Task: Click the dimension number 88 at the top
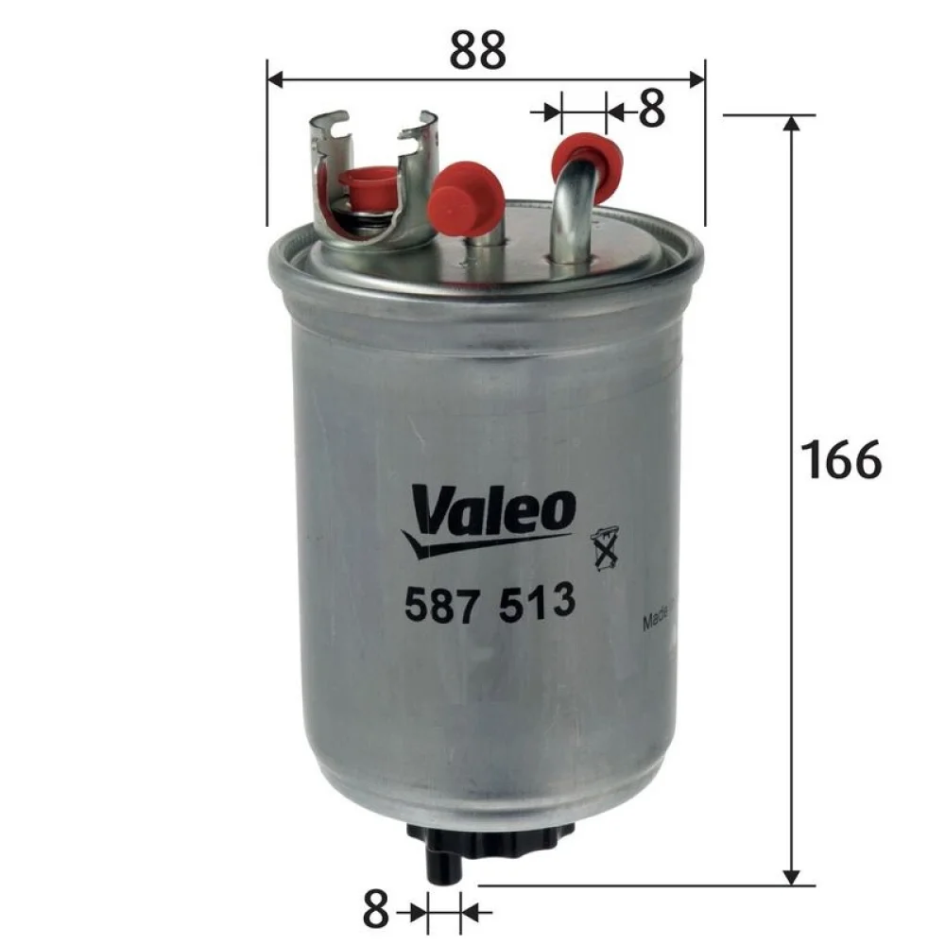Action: tap(476, 51)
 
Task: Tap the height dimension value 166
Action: tap(840, 459)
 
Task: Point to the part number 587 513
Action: tap(490, 602)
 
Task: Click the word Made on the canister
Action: tap(656, 618)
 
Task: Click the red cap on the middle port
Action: tap(464, 198)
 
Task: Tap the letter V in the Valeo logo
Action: tap(427, 511)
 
